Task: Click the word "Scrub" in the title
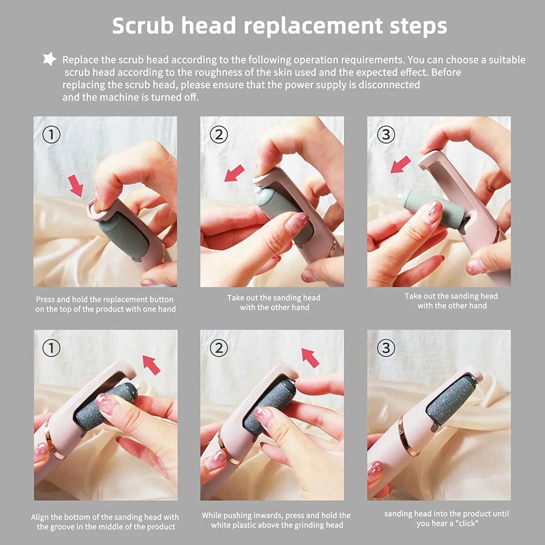pyautogui.click(x=143, y=26)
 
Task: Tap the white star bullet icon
pyautogui.click(x=49, y=59)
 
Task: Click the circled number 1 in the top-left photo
pyautogui.click(x=51, y=135)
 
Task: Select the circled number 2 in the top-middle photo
pyautogui.click(x=219, y=135)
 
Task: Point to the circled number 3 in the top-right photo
pyautogui.click(x=386, y=135)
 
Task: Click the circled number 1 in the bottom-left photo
pyautogui.click(x=51, y=348)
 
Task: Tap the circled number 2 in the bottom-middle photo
pyautogui.click(x=219, y=348)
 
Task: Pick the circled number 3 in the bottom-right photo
pyautogui.click(x=386, y=348)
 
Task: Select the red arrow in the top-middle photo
pyautogui.click(x=234, y=173)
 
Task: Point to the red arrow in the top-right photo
pyautogui.click(x=400, y=165)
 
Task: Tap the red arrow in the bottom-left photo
pyautogui.click(x=151, y=365)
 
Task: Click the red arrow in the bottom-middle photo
pyautogui.click(x=310, y=358)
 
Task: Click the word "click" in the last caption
pyautogui.click(x=467, y=524)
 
